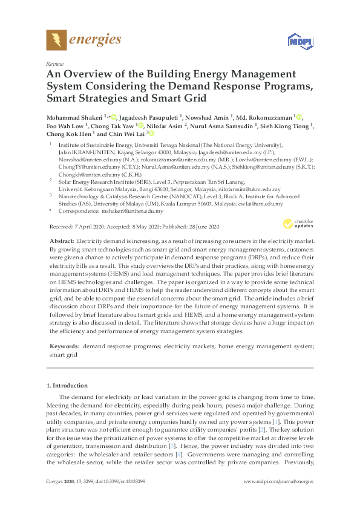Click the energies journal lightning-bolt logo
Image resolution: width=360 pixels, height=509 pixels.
56,41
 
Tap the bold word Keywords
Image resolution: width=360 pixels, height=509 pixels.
64,346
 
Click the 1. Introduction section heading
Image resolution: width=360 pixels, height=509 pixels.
67,385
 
